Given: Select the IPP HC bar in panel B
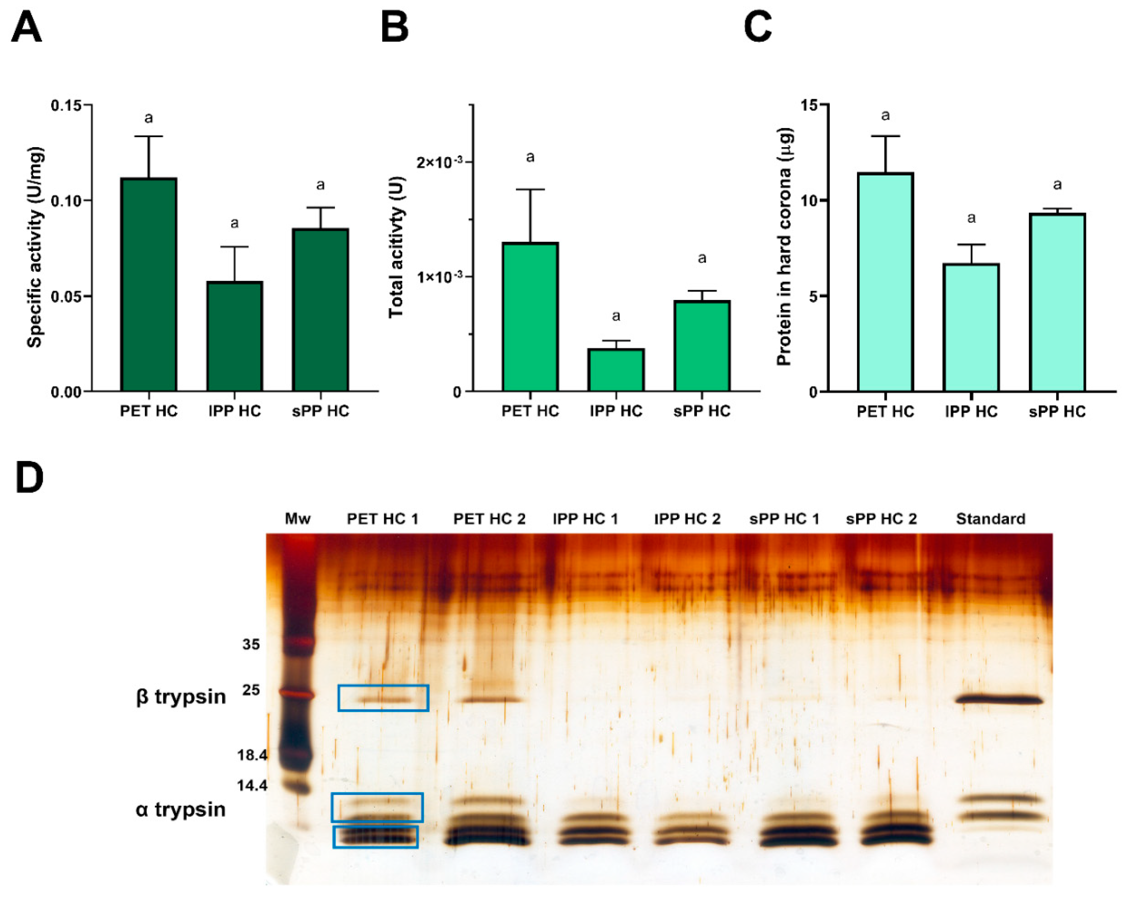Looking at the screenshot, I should point(616,369).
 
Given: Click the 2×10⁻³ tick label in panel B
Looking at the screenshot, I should point(439,163).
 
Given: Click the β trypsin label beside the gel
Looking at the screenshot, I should point(180,697).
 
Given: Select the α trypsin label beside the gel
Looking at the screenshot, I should point(180,809).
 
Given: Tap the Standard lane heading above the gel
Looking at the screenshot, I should point(990,519).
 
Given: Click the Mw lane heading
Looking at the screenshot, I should point(298,519).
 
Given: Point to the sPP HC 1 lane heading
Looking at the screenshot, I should point(784,519).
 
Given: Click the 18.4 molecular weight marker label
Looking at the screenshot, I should point(252,755).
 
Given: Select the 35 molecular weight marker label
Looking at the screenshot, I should point(251,644).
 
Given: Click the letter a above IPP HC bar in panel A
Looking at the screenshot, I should point(235,224).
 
